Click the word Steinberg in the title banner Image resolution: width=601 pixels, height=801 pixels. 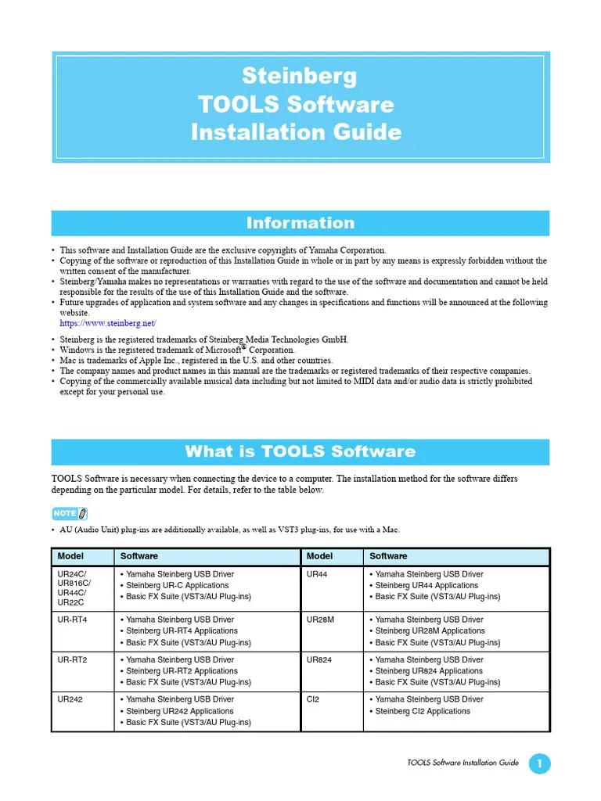(300, 76)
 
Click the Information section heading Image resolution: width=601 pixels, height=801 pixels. (300, 223)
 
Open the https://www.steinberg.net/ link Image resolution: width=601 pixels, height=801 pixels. (108, 323)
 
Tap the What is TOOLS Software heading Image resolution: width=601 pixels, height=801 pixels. (300, 451)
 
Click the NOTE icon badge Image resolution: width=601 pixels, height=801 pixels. (69, 513)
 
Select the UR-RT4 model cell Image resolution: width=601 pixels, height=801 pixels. (73, 620)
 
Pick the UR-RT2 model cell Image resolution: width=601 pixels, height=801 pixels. (73, 659)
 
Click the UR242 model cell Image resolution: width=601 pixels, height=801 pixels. (70, 699)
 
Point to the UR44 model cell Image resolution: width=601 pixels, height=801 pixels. (319, 574)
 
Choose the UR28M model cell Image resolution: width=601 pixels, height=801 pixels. (322, 620)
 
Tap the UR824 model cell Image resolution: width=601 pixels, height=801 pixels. (320, 659)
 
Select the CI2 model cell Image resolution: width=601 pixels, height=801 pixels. (314, 699)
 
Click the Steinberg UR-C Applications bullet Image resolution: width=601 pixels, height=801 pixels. (178, 585)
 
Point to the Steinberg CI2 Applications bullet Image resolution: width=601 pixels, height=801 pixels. (423, 711)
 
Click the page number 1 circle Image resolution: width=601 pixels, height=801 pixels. (540, 763)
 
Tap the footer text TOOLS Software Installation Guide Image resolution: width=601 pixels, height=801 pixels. (463, 763)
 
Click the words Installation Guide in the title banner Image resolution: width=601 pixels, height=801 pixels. (297, 131)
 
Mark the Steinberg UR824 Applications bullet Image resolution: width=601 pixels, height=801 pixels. (429, 671)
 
